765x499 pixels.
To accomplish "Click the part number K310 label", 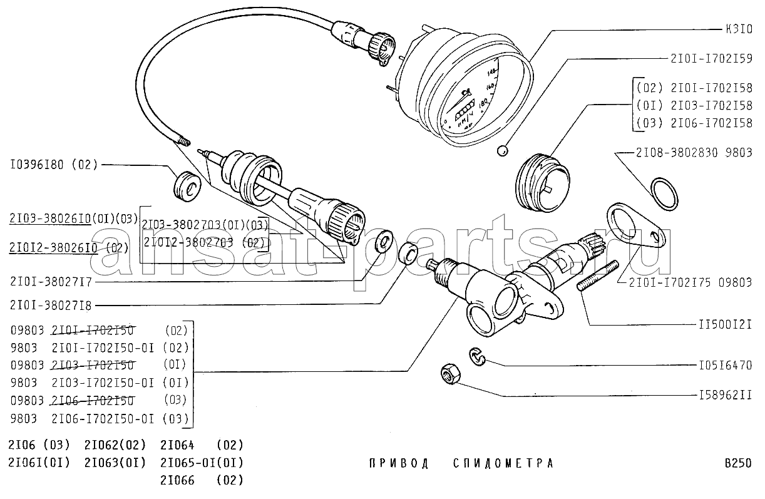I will [x=738, y=29].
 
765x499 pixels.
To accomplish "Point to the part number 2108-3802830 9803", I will [x=694, y=153].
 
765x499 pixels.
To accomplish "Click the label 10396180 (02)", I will [x=54, y=165].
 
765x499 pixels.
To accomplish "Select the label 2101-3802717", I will [x=51, y=282].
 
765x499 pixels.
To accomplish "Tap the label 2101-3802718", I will [x=51, y=306].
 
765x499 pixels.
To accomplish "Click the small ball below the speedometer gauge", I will [x=501, y=151].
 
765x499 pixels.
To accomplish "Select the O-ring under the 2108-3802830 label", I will [x=663, y=193].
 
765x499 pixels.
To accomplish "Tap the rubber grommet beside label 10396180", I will [x=185, y=185].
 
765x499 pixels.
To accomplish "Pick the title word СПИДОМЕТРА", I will [x=503, y=464].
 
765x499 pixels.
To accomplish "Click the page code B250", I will [x=737, y=464].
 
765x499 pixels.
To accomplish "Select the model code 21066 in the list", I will [x=177, y=481].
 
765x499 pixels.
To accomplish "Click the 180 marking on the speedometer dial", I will [x=484, y=101].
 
